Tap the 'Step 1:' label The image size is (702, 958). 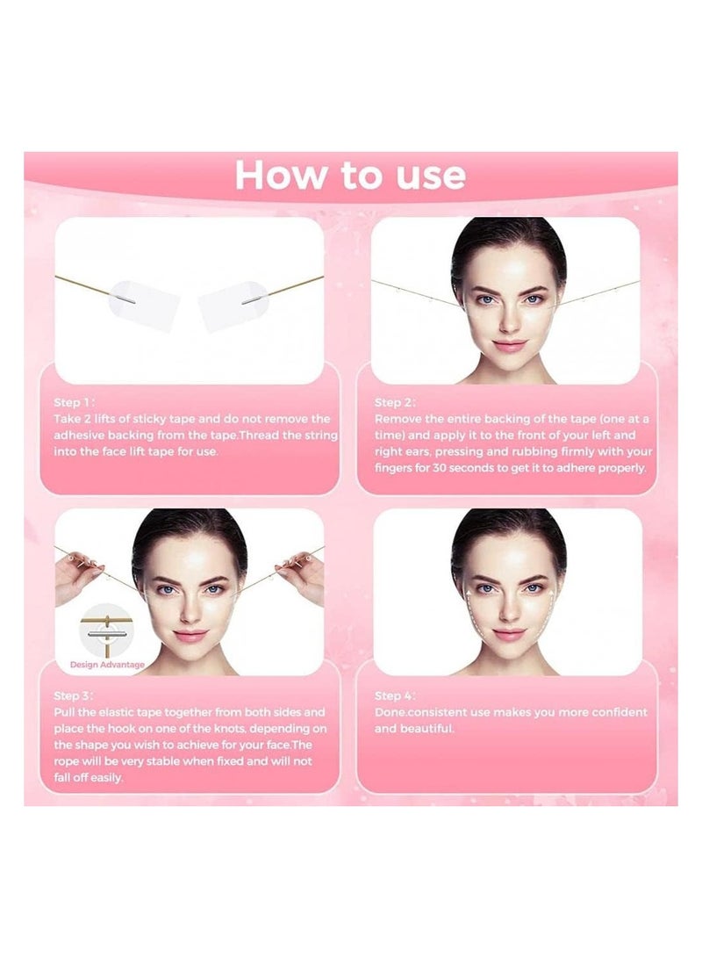point(75,402)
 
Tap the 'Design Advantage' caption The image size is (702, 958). point(107,665)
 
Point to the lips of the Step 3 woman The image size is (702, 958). point(190,635)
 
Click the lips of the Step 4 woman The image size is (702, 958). point(509,634)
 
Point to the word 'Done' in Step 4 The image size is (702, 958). point(390,712)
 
